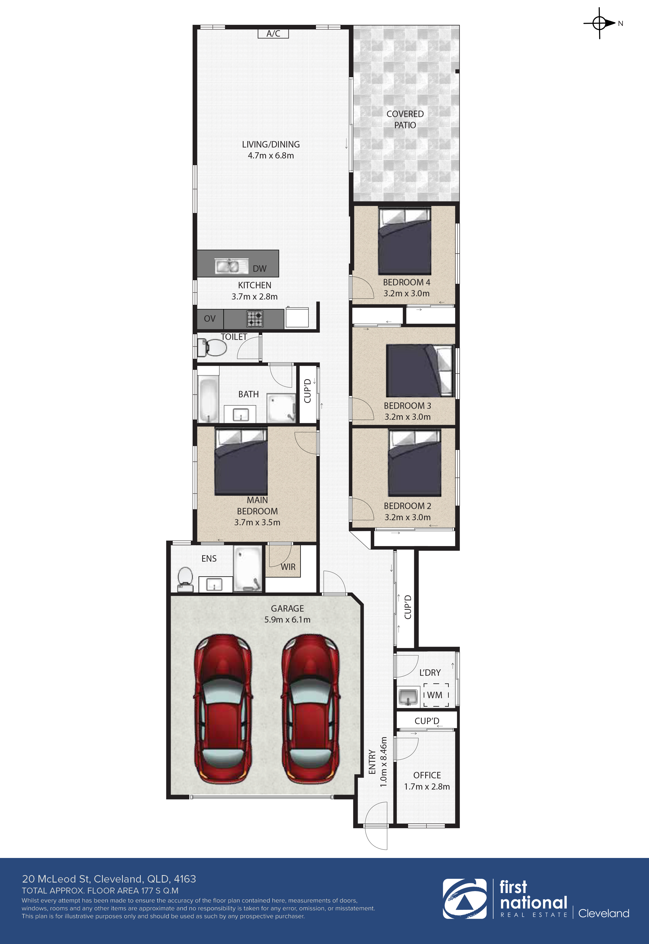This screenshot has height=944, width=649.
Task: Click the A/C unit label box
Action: (273, 33)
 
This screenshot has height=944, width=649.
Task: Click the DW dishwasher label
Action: (259, 269)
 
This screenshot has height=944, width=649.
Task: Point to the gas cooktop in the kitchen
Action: (255, 318)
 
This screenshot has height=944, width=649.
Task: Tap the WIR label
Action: (288, 566)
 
